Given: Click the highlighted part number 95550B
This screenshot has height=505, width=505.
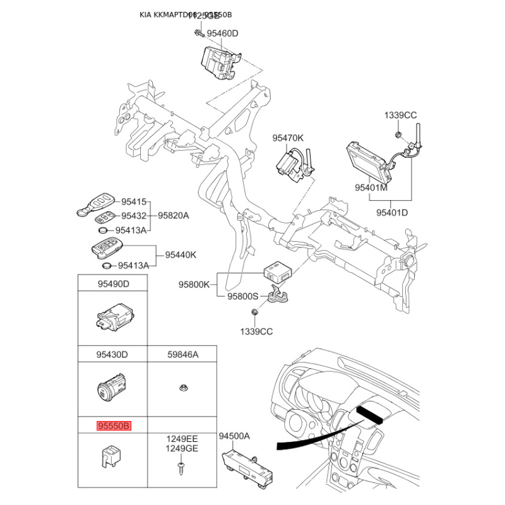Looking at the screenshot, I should tap(113, 426).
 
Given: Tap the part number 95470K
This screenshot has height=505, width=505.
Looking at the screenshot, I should tap(288, 138).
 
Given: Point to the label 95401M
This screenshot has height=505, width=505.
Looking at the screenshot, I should tap(371, 187).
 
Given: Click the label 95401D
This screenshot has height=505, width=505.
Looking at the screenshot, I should tap(392, 213).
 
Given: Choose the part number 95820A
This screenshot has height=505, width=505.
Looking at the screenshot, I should tap(174, 216).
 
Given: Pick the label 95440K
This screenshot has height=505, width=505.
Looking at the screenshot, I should tap(181, 255).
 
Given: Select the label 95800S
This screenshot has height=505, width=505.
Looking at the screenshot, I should tap(243, 296).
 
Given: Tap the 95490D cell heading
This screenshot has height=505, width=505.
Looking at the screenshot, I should tap(113, 284).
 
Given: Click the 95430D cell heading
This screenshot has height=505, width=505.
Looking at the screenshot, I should tap(113, 355).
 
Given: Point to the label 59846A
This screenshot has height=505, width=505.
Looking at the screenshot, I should tap(182, 355).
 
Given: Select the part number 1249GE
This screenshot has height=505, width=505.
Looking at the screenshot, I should tap(182, 448).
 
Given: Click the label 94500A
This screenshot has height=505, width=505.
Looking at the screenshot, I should tap(235, 436).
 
